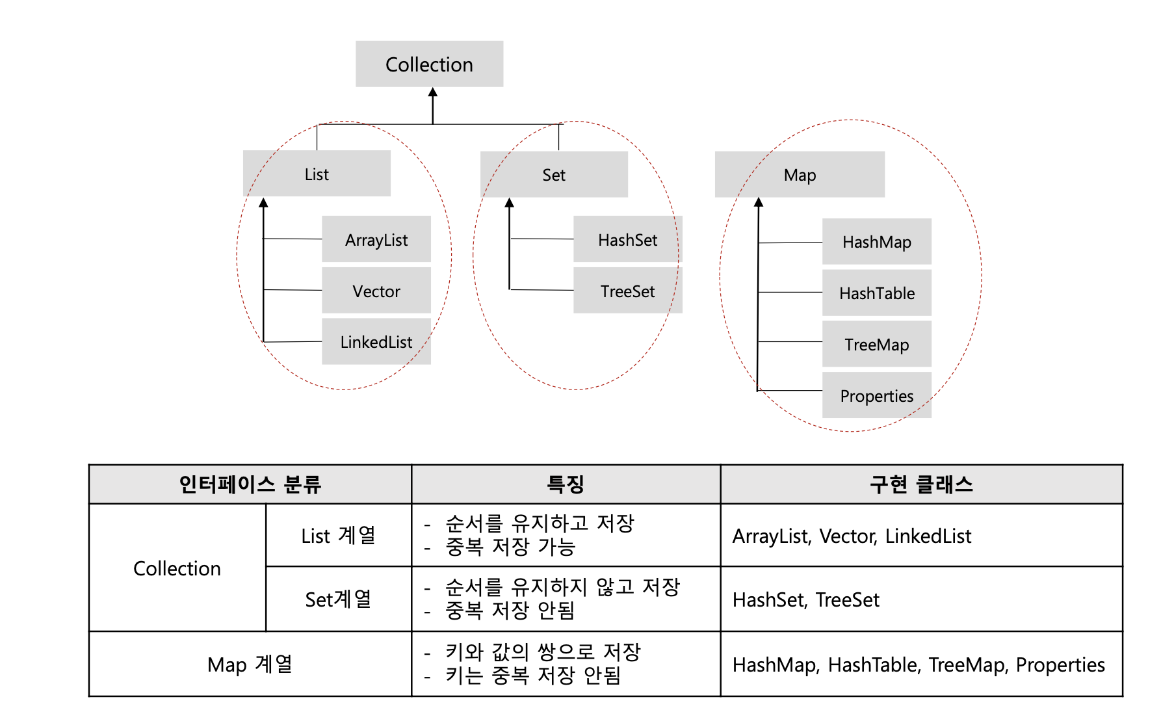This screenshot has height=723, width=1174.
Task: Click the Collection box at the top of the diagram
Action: pyautogui.click(x=429, y=64)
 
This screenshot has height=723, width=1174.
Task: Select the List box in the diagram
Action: pyautogui.click(x=317, y=174)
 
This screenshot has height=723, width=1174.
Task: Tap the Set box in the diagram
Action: pyautogui.click(x=554, y=175)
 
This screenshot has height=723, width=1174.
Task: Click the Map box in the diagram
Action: pyautogui.click(x=800, y=175)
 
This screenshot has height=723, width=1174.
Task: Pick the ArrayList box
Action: pyautogui.click(x=376, y=240)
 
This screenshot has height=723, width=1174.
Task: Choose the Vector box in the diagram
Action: pyautogui.click(x=376, y=291)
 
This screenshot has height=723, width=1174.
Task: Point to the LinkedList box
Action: pyautogui.click(x=376, y=342)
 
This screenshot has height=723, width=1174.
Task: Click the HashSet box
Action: pyautogui.click(x=627, y=240)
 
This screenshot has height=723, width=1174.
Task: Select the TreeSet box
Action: pyautogui.click(x=627, y=291)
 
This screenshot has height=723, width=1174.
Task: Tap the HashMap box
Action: pyautogui.click(x=876, y=242)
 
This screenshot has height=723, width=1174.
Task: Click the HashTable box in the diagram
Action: pyautogui.click(x=876, y=293)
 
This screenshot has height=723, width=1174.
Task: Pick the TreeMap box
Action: pyautogui.click(x=876, y=345)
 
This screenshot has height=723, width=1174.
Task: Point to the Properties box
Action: pyautogui.click(x=876, y=396)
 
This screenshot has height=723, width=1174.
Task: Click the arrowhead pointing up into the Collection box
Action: pyautogui.click(x=433, y=92)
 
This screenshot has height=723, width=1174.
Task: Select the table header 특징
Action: pyautogui.click(x=566, y=484)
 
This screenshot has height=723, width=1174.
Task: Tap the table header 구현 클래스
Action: pyautogui.click(x=921, y=484)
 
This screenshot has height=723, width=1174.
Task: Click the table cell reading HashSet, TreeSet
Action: pyautogui.click(x=805, y=599)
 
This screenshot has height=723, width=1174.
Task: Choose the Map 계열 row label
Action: pyautogui.click(x=250, y=664)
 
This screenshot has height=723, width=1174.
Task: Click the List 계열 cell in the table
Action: pyautogui.click(x=338, y=536)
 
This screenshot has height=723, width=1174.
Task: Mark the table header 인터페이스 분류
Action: pyautogui.click(x=250, y=484)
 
